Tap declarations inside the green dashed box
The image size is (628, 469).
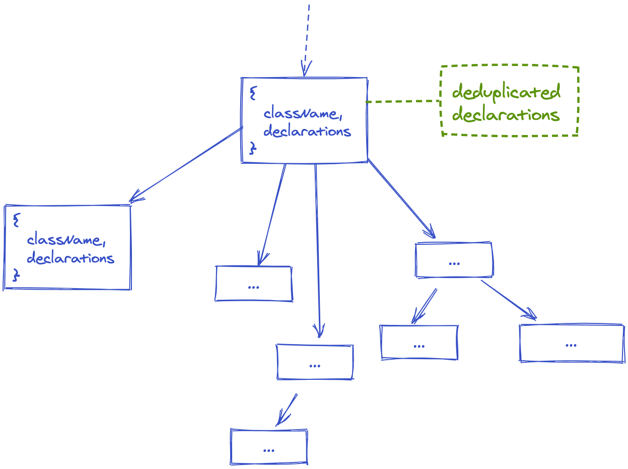(506, 115)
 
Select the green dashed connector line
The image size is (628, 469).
(403, 101)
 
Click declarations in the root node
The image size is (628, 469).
(307, 131)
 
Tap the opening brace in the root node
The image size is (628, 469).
(253, 93)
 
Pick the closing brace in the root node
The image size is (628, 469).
(253, 148)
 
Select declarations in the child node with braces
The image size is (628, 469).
(70, 258)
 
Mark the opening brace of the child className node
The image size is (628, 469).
(16, 220)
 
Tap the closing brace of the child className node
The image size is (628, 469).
(16, 275)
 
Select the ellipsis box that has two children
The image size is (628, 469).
(454, 260)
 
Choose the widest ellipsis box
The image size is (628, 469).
(572, 344)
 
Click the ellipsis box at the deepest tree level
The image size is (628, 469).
(269, 447)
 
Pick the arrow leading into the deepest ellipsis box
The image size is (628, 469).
(287, 409)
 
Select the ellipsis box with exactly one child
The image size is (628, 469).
(315, 362)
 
